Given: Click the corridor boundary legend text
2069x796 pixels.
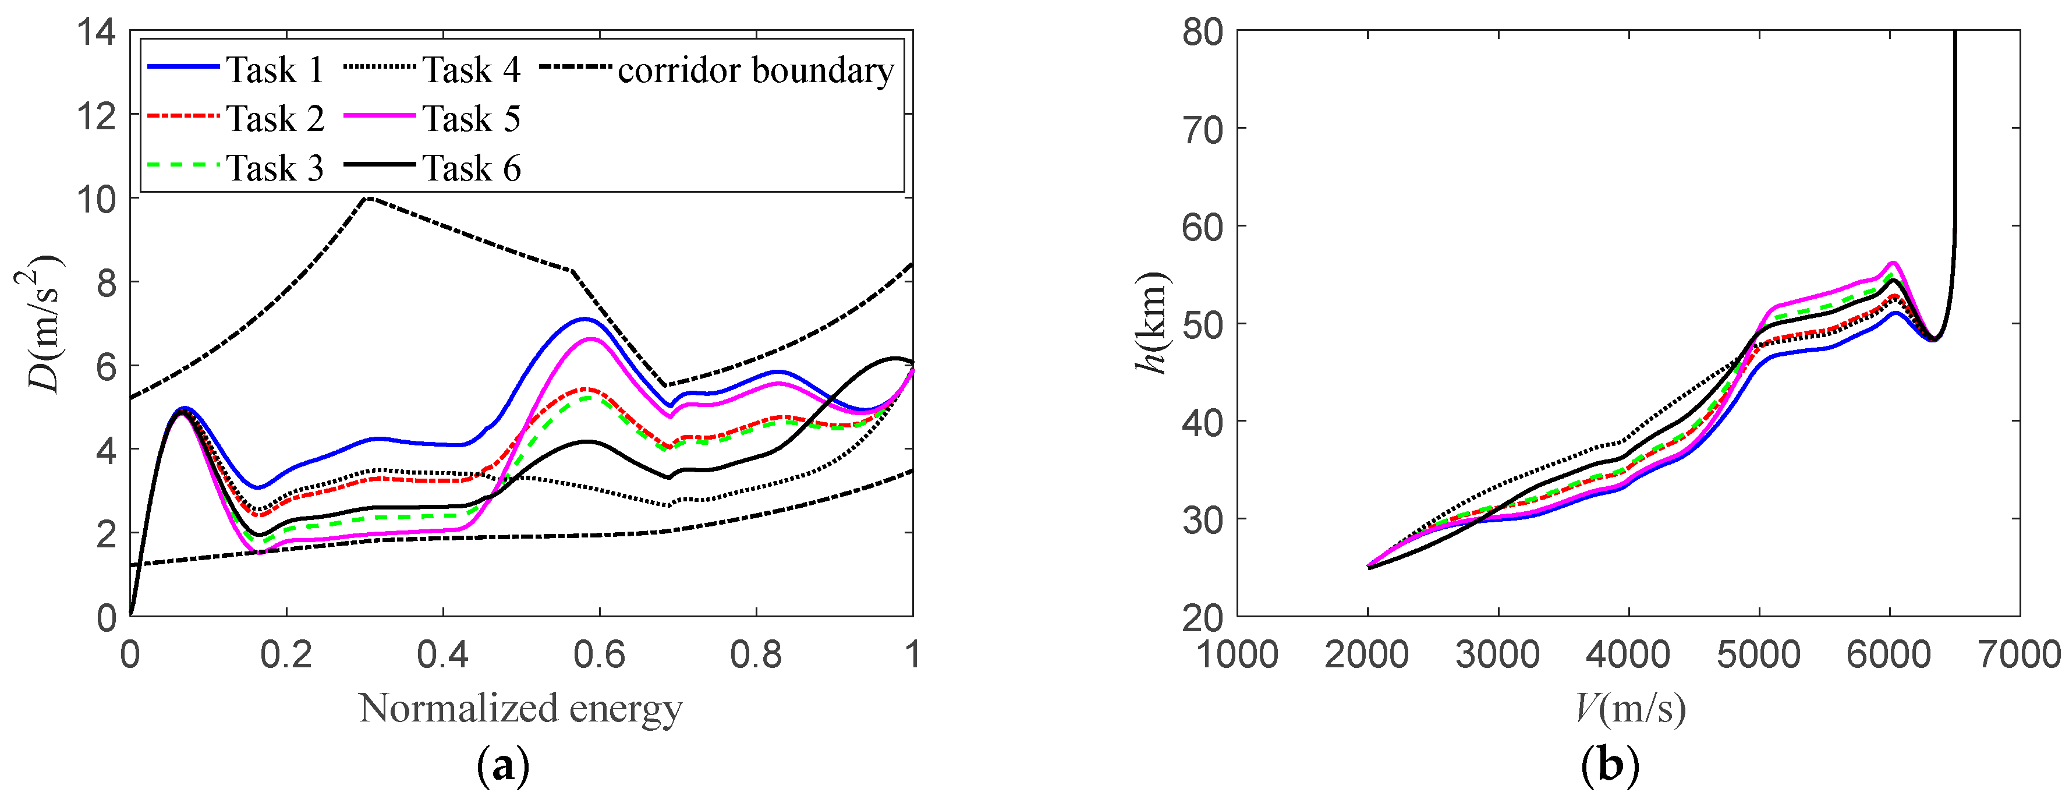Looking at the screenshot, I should click(x=755, y=70).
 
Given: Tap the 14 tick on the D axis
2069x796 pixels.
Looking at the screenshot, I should click(x=97, y=33).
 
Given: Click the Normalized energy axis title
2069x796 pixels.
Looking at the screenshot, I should click(x=520, y=709).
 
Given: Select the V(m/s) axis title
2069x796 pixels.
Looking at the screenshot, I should click(x=1631, y=709).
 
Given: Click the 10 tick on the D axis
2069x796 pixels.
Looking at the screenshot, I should click(x=97, y=199).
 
